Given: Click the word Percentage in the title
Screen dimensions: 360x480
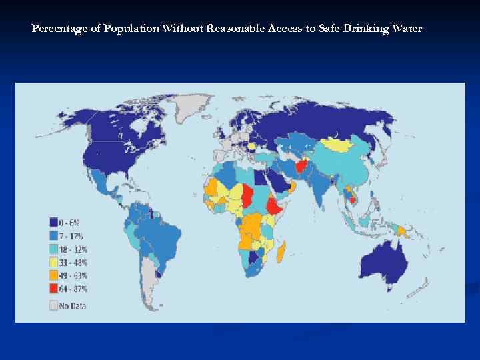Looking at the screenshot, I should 55,29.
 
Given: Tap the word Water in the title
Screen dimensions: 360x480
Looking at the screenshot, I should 406,29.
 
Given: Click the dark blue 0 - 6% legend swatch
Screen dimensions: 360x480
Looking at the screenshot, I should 54,222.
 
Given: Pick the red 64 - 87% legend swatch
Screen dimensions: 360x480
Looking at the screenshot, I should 54,289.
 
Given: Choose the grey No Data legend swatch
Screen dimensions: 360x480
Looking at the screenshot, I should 54,306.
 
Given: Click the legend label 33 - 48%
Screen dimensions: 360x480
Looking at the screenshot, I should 74,262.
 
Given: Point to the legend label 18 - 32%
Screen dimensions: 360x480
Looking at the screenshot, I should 74,249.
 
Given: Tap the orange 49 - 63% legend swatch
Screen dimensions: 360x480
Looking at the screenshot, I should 54,275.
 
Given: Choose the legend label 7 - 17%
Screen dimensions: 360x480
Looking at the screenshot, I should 73,235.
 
